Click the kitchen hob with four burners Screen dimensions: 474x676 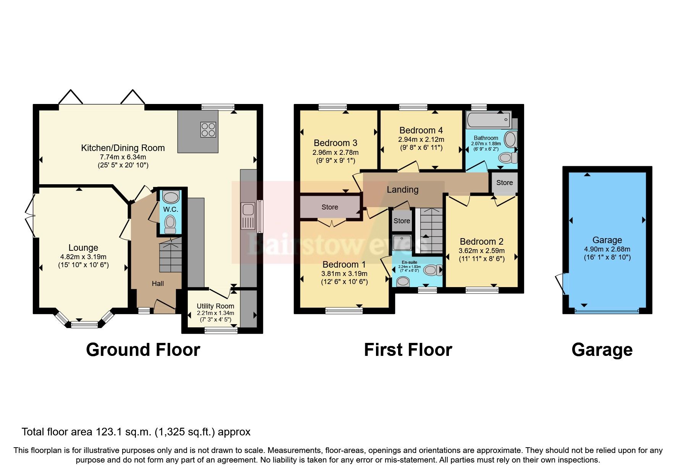[x=208, y=129]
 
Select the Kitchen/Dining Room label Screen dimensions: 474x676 [x=123, y=148]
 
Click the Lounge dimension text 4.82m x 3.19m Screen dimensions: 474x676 [x=83, y=257]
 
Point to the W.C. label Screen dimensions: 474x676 [x=171, y=209]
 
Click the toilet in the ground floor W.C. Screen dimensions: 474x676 [x=170, y=224]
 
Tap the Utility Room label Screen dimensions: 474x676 [x=215, y=306]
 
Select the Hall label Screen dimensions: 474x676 [x=158, y=283]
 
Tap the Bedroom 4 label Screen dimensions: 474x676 [x=421, y=130]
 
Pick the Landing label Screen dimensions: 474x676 [x=402, y=190]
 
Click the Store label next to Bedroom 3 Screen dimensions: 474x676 [x=329, y=207]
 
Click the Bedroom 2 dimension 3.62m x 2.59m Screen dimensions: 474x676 [x=481, y=251]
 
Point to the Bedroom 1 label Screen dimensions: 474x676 [x=344, y=265]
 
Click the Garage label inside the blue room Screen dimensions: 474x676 [x=607, y=240]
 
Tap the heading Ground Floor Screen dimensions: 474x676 [x=143, y=350]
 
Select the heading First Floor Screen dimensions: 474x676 [x=408, y=350]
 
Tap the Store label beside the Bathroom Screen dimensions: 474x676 [x=504, y=183]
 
